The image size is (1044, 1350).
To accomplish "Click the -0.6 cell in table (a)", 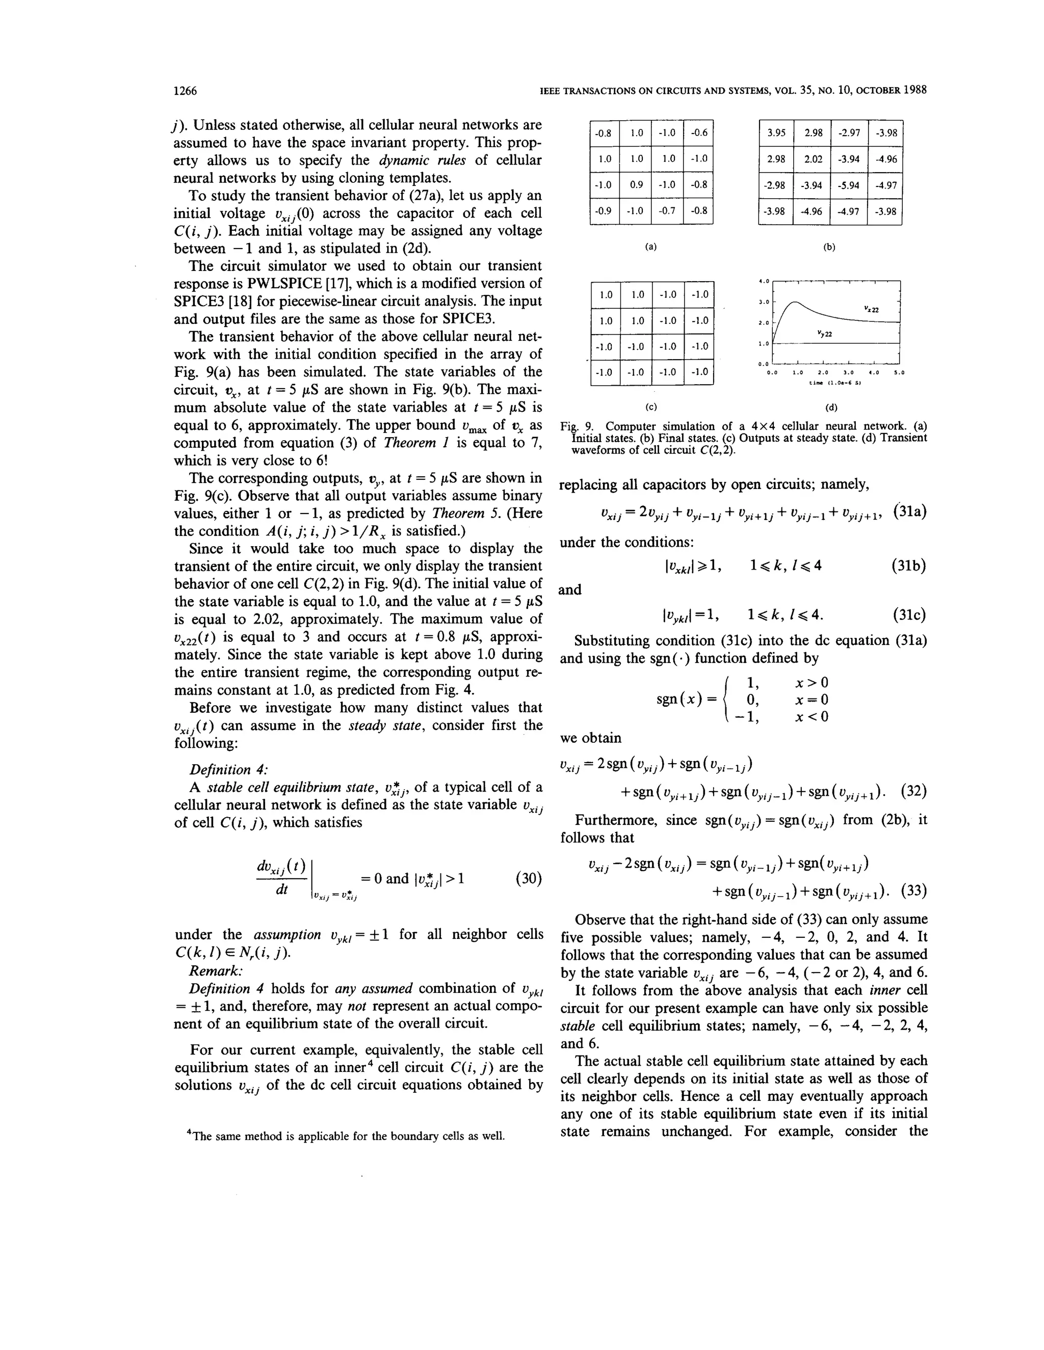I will pos(698,133).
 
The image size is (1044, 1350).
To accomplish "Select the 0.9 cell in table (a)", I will pos(636,184).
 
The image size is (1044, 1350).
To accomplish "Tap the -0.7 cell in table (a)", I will pos(667,211).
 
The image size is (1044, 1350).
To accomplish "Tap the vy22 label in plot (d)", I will pos(824,334).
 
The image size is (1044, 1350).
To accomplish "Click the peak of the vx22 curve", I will pos(795,301).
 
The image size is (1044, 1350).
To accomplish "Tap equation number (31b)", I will pos(908,565).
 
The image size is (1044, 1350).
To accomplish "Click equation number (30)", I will pos(528,878).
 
